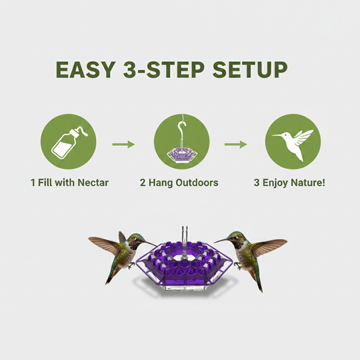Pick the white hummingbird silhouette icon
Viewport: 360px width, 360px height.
click(x=293, y=143)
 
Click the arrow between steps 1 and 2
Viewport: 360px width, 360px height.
click(x=123, y=144)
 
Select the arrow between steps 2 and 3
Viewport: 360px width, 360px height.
click(x=236, y=144)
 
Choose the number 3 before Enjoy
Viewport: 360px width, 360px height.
click(x=257, y=182)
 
